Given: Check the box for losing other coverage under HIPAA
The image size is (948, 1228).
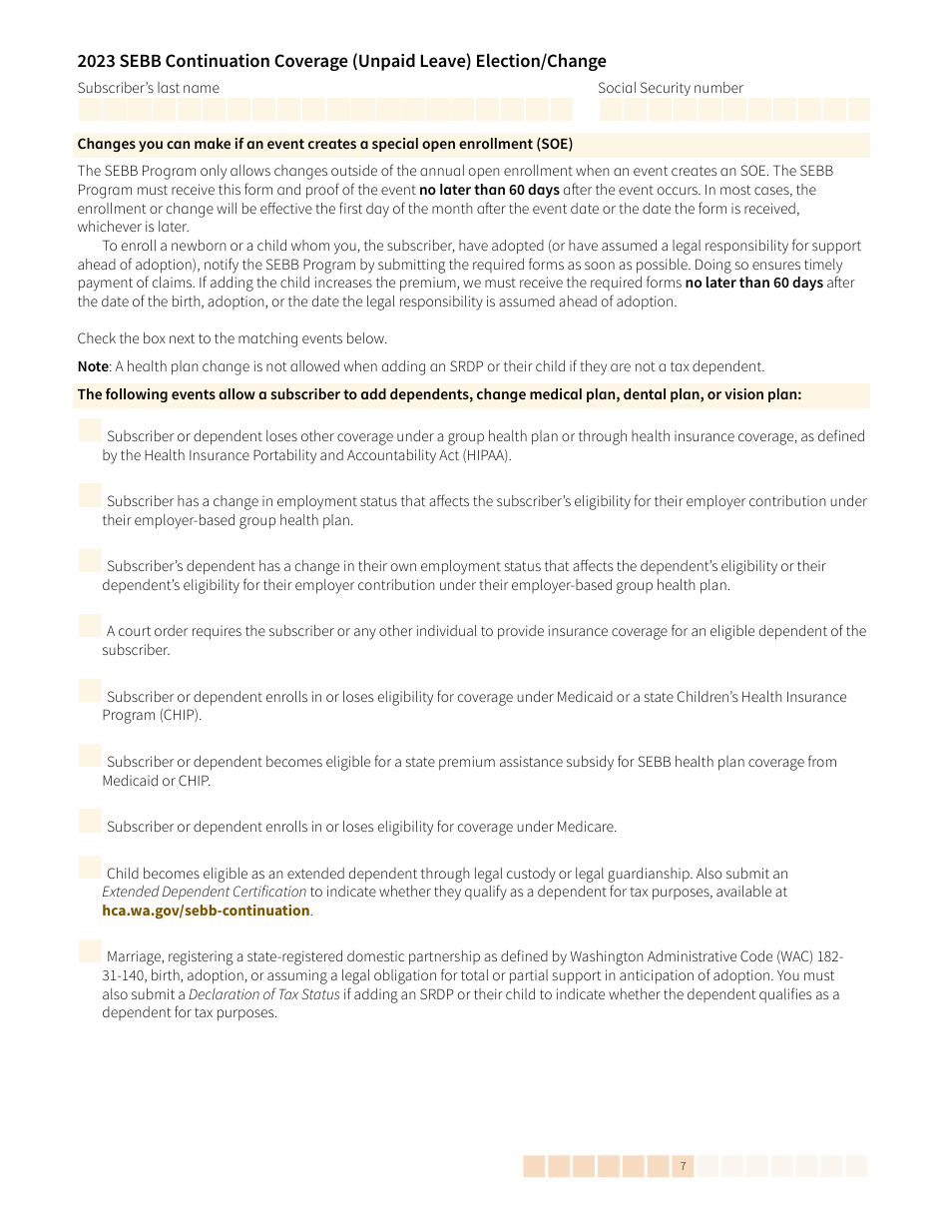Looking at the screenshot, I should [x=90, y=430].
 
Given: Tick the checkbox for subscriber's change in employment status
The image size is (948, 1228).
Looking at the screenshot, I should [x=90, y=495].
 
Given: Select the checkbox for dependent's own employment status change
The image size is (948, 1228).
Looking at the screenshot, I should [x=90, y=560].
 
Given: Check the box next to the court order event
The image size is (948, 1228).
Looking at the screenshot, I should [x=90, y=625].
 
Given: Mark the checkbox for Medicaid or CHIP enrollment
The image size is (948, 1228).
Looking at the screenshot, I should [x=90, y=691].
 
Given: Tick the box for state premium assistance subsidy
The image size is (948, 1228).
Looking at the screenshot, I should [x=90, y=756].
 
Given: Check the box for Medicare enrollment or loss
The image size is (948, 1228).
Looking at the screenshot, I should [x=90, y=821].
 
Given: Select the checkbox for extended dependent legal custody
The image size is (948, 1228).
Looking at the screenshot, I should [x=90, y=868].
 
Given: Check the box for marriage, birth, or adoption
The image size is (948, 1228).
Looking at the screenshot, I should [x=90, y=950].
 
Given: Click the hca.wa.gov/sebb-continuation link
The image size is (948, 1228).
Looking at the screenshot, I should [x=206, y=911].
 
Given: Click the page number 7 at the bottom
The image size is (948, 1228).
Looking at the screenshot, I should [x=683, y=1166].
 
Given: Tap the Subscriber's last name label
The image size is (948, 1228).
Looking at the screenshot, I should [x=149, y=88].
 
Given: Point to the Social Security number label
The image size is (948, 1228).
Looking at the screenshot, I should [x=671, y=88].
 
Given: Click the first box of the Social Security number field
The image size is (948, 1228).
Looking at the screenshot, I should [x=611, y=109].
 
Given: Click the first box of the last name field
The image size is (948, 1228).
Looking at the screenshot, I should [x=90, y=109].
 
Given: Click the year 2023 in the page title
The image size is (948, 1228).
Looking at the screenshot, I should [x=97, y=61].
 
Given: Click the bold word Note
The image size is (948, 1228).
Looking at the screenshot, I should [x=93, y=366].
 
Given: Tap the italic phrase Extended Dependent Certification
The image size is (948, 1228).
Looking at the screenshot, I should [x=204, y=892].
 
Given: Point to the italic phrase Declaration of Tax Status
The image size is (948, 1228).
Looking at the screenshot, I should [x=263, y=994].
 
